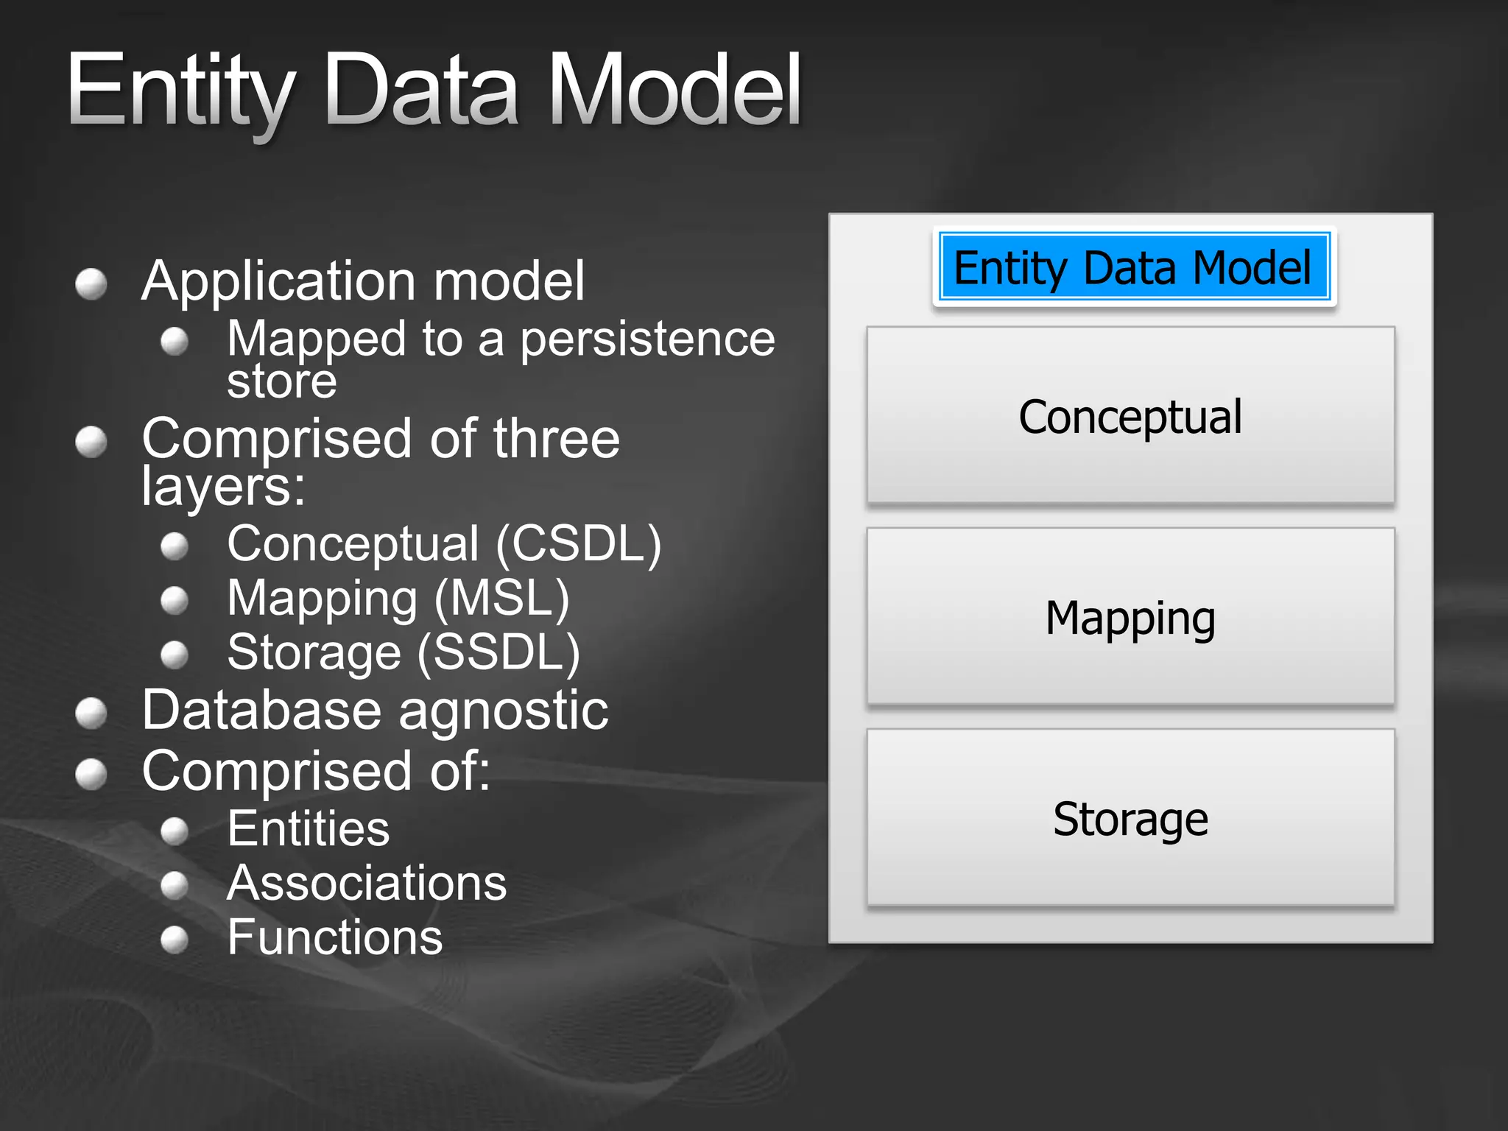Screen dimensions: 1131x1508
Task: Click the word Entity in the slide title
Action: pyautogui.click(x=180, y=92)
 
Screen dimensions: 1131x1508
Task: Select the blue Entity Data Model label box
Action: pyautogui.click(x=1134, y=267)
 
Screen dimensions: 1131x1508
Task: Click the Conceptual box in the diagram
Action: pyautogui.click(x=1130, y=416)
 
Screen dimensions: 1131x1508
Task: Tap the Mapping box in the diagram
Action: pyautogui.click(x=1130, y=617)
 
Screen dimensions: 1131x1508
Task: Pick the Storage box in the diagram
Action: pyautogui.click(x=1130, y=818)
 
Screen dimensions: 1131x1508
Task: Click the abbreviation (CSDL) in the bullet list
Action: pyautogui.click(x=579, y=544)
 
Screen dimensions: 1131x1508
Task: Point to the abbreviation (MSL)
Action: pyautogui.click(x=501, y=598)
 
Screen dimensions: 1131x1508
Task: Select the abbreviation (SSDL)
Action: pyautogui.click(x=498, y=652)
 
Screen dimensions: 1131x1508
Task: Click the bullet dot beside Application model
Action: pyautogui.click(x=91, y=284)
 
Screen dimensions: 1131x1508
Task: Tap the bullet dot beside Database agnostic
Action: pyautogui.click(x=91, y=713)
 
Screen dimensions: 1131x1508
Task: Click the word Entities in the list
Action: pyautogui.click(x=308, y=829)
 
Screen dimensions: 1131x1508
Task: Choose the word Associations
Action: pyautogui.click(x=367, y=883)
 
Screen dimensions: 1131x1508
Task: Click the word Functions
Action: pyautogui.click(x=335, y=937)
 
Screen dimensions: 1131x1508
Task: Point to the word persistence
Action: pyautogui.click(x=647, y=339)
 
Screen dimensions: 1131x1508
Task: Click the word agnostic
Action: pyautogui.click(x=504, y=711)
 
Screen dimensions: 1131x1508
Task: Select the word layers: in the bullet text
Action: pyautogui.click(x=223, y=487)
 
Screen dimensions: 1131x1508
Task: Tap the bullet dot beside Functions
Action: pyautogui.click(x=175, y=940)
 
